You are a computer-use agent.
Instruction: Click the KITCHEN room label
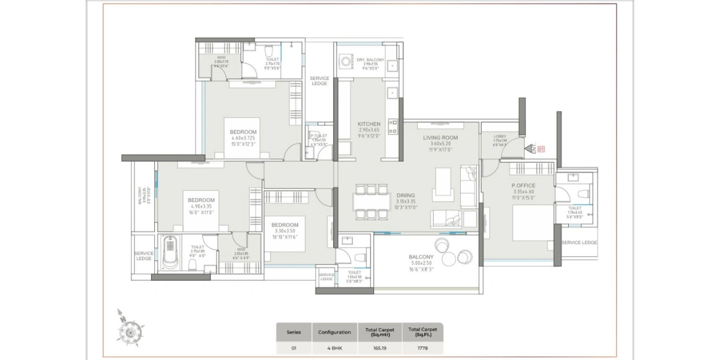click(370, 124)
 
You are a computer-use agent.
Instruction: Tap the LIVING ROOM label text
click(440, 138)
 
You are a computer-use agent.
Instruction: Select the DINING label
click(406, 196)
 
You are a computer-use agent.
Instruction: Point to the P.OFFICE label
click(523, 186)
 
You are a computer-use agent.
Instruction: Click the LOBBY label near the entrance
click(500, 137)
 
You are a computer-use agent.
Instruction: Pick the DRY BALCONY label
click(370, 60)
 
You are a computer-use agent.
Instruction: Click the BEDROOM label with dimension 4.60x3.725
click(243, 132)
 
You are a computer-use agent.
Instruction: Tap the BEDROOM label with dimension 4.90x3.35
click(201, 200)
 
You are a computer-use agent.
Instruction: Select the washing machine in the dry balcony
click(346, 61)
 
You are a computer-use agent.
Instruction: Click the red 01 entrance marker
click(541, 148)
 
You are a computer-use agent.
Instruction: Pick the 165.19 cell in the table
click(375, 347)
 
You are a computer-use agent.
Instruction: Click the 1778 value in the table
click(422, 347)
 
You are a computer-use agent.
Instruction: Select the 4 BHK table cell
click(334, 347)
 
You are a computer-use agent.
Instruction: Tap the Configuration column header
click(334, 332)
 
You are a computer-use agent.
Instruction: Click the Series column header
click(294, 332)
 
